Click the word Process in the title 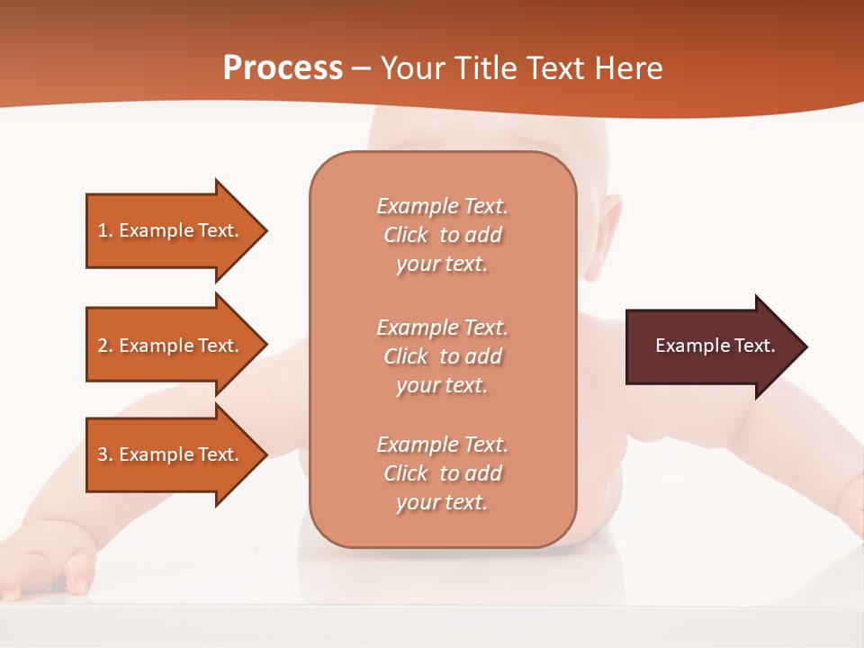coord(283,68)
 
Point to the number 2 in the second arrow coord(103,346)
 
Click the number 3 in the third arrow coord(103,454)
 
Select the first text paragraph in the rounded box coord(442,235)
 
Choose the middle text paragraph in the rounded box coord(442,356)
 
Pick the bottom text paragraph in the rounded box coord(442,473)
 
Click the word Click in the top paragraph coord(406,235)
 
